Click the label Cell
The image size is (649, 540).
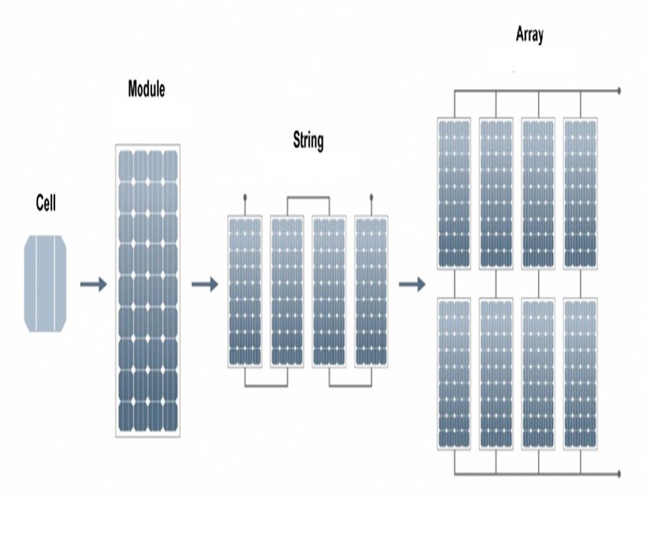click(x=45, y=202)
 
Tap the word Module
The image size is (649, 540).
click(x=146, y=89)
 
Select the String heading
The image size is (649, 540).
click(x=308, y=140)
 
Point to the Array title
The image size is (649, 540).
click(x=530, y=36)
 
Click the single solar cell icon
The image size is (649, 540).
click(x=45, y=284)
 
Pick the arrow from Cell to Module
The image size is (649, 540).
click(x=93, y=285)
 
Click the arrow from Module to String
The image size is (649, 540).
click(x=204, y=285)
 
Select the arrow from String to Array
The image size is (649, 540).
click(x=412, y=285)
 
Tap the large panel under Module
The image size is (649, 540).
click(x=148, y=290)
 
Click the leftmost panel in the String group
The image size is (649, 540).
click(x=245, y=290)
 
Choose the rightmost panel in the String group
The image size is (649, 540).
click(x=371, y=290)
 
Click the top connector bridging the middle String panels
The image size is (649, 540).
click(x=308, y=197)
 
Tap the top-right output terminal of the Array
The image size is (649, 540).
click(x=619, y=91)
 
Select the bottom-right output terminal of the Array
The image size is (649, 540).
click(x=619, y=473)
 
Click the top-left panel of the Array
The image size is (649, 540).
click(x=453, y=193)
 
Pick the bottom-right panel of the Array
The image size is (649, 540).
click(x=580, y=373)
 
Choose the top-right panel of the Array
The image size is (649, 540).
click(x=580, y=193)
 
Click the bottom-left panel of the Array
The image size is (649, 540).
click(x=453, y=373)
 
